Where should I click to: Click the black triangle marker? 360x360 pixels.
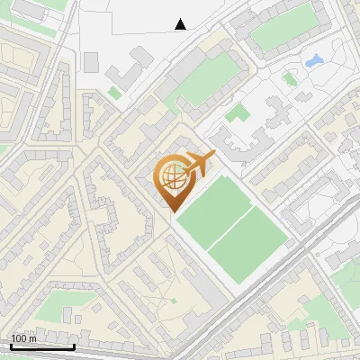pos(181,24)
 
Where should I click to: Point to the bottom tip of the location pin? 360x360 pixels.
pos(171,211)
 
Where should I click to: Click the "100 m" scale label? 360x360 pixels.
pos(24,337)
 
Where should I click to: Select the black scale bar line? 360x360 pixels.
pos(41,346)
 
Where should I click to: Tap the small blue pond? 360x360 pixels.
pos(314,62)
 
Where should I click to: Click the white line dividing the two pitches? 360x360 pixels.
pos(233,221)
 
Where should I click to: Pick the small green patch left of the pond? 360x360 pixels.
pos(289,78)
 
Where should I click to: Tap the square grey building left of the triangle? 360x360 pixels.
pos(91,61)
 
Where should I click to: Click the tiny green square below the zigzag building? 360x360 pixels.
pos(114,92)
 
